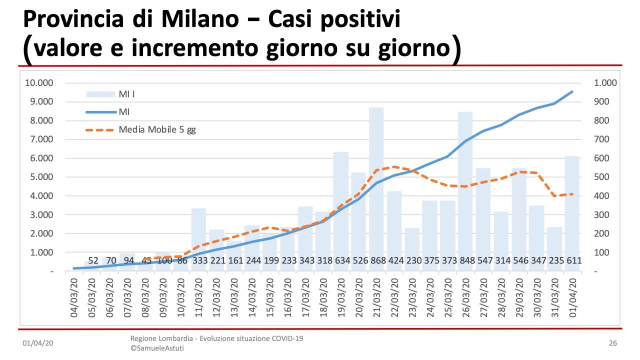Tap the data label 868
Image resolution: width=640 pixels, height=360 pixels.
tap(376, 260)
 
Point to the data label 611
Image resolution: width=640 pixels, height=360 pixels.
tap(572, 260)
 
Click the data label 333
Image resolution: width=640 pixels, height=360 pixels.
tap(198, 260)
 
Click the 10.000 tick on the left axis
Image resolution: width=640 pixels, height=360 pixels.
tap(39, 83)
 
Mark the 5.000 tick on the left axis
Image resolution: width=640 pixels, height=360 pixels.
tap(41, 177)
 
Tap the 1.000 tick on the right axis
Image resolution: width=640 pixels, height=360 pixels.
tap(605, 83)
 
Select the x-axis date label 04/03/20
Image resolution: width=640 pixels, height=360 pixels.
tap(74, 296)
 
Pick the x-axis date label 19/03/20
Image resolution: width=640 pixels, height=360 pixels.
tap(341, 296)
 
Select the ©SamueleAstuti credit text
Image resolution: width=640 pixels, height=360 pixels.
tap(157, 348)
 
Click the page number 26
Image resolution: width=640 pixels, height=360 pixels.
tap(613, 343)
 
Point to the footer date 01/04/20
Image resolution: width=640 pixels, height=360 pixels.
tap(38, 343)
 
